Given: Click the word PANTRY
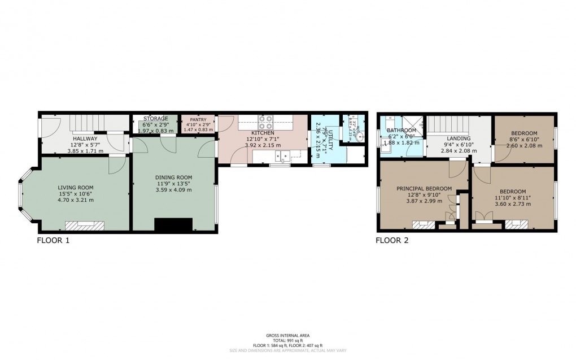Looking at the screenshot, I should [x=198, y=119].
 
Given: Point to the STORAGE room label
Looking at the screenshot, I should [x=155, y=119].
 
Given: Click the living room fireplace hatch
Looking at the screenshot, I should [x=85, y=226].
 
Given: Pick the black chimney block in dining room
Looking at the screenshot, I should [x=173, y=225].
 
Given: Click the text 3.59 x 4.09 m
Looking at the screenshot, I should [x=173, y=190].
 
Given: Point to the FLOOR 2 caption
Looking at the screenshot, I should [x=392, y=240].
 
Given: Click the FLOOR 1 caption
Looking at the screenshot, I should [x=53, y=240].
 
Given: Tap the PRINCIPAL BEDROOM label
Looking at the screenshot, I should [x=424, y=189].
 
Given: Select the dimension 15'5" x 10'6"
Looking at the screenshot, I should [x=75, y=193].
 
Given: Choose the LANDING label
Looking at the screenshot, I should [x=458, y=139].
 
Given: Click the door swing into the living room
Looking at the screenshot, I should [x=117, y=164].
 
